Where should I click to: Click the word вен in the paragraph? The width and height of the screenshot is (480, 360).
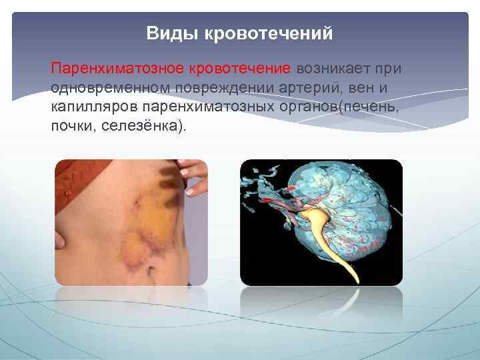click(x=354, y=88)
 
